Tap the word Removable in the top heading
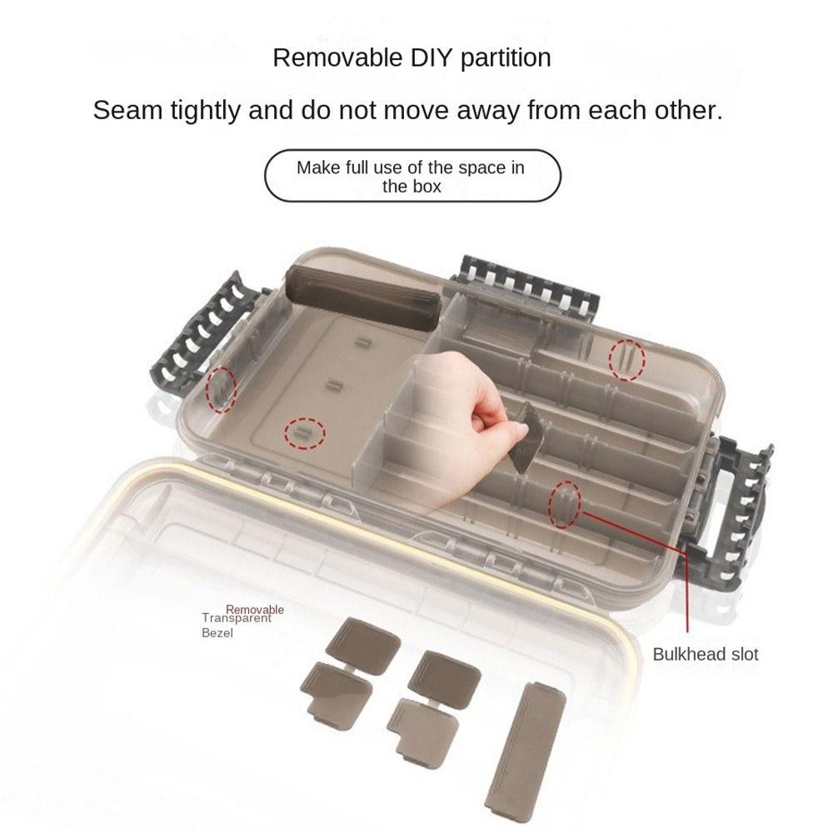click(x=338, y=57)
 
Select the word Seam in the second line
click(x=127, y=111)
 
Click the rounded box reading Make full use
click(x=412, y=176)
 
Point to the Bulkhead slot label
click(x=705, y=654)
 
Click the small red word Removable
click(x=255, y=610)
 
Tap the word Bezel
click(x=217, y=633)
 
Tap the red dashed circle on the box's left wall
click(x=221, y=389)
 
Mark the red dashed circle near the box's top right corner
click(x=627, y=360)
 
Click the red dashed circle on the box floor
click(x=304, y=433)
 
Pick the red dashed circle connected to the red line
click(x=564, y=504)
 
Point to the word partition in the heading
click(x=506, y=58)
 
